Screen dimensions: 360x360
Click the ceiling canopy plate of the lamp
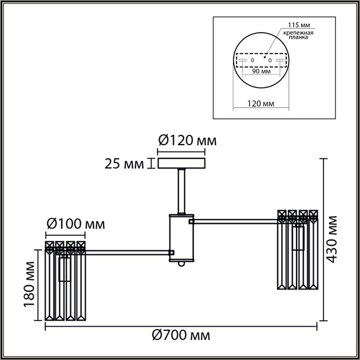[181, 164]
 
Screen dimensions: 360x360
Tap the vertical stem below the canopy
[181, 191]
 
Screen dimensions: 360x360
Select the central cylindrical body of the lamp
[181, 237]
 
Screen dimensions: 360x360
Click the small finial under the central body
[181, 263]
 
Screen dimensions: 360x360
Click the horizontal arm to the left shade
[127, 251]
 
